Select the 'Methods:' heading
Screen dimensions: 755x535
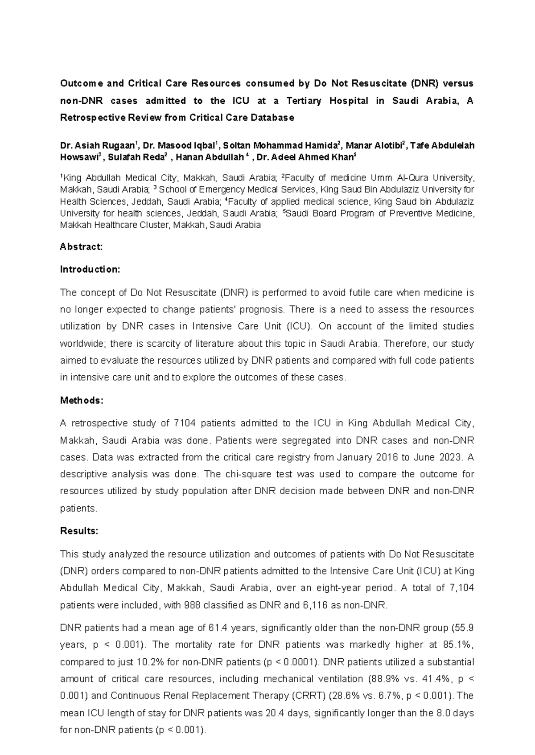[x=82, y=400]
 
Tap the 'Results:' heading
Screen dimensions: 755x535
[x=79, y=531]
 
